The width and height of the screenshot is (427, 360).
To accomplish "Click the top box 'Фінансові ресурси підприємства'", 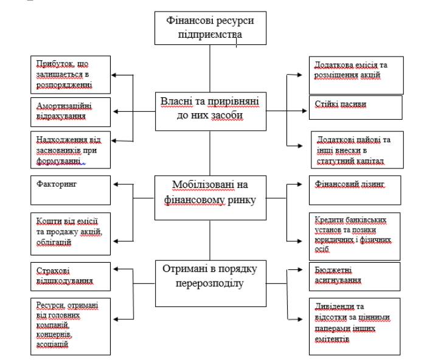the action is pos(210,28).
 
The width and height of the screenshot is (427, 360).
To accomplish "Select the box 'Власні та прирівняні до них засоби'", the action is pos(210,111).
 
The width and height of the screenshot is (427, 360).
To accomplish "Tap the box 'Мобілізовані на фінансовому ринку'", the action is pos(210,198).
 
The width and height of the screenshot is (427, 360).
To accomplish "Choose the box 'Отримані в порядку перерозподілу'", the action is pos(210,283).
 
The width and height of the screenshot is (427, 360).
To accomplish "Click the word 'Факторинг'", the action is pos(57,184).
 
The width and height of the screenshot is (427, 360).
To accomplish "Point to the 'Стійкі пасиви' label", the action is pos(341,104).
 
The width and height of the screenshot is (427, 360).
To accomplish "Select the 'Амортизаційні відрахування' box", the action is pos(71,112).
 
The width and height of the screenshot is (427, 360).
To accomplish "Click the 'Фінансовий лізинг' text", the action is pos(349,184).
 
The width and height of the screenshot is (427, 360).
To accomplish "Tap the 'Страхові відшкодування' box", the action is pos(71,277).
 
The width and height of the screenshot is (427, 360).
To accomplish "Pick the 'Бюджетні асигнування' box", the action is pos(355,277).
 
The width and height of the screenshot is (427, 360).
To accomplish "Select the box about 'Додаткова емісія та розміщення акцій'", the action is pos(356,75).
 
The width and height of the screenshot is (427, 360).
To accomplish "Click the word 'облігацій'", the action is pos(54,243).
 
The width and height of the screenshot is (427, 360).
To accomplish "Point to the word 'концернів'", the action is pos(54,334).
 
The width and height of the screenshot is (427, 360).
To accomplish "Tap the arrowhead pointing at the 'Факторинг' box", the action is pos(116,184).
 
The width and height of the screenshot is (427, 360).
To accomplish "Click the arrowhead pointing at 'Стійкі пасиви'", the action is pos(305,111).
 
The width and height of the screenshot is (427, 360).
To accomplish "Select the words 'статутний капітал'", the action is pos(350,161).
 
